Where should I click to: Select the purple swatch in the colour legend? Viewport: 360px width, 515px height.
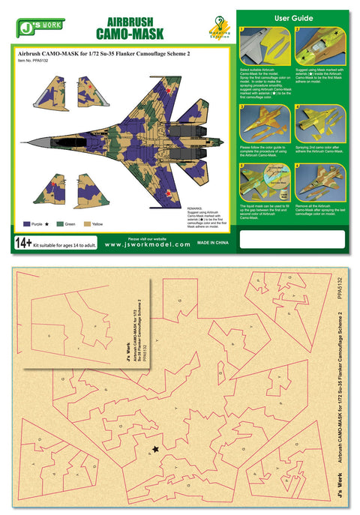(x=26, y=224)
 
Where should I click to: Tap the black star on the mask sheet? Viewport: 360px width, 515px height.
(x=156, y=449)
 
